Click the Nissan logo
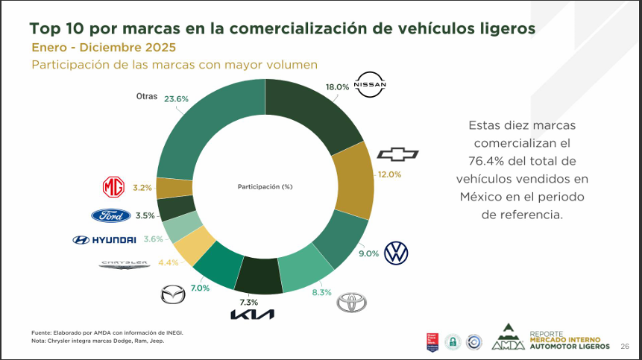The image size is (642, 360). point(371,85)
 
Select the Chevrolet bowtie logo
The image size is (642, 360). point(397,154)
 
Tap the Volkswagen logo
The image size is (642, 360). point(396,253)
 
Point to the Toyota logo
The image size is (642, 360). point(352,302)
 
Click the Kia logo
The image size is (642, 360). point(252,314)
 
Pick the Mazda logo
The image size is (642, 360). point(173,294)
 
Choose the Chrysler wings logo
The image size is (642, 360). point(125,264)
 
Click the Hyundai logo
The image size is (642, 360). point(104,239)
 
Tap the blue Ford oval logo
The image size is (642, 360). point(111,215)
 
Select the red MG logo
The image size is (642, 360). point(113,187)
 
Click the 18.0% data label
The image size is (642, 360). point(337,86)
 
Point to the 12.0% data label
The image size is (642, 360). point(389,174)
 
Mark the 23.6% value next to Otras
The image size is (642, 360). point(176,98)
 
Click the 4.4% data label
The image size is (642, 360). point(169,262)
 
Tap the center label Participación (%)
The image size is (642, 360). point(265,186)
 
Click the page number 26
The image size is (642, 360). point(625,346)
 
